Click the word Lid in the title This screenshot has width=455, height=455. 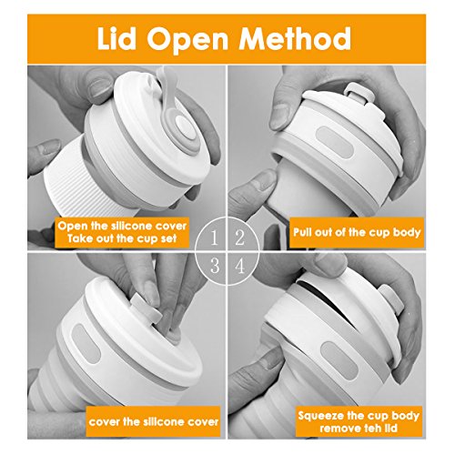click(116, 38)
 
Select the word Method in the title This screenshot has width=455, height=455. click(295, 38)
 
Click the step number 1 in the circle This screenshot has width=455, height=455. click(215, 238)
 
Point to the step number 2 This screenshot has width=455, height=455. click(239, 238)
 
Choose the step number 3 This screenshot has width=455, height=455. click(215, 266)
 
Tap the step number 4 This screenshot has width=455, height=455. click(239, 266)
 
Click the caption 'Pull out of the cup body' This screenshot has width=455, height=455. click(357, 233)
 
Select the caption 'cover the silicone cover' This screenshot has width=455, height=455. click(154, 422)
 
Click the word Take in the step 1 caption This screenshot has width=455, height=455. click(80, 238)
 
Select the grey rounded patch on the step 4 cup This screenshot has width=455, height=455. click(339, 360)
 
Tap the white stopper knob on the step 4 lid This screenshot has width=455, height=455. click(389, 298)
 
